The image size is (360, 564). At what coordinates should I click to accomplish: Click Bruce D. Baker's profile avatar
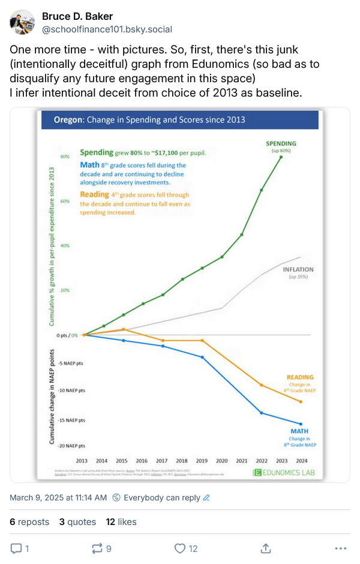tap(22, 22)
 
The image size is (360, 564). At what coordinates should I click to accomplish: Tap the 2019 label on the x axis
tap(202, 461)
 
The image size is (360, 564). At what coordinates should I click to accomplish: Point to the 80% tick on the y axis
tap(65, 157)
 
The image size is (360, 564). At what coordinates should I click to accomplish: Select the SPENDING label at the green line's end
tap(281, 143)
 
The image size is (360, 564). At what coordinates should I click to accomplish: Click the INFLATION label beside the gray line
tap(298, 269)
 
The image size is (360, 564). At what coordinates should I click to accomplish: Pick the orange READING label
tap(300, 377)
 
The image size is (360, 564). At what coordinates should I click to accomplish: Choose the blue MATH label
tap(300, 431)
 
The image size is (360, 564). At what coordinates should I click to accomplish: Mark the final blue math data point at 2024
tap(300, 424)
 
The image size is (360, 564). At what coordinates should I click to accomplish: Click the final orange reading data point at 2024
tap(300, 401)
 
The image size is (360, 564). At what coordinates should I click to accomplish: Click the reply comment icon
tap(17, 548)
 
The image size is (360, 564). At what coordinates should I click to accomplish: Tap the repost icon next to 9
tap(96, 548)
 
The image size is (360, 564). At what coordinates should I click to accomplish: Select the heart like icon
tap(179, 548)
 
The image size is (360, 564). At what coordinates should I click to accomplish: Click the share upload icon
tap(265, 548)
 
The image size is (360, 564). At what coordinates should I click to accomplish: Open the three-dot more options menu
tap(340, 548)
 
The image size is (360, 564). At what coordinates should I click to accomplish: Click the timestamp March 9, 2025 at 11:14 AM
tap(58, 497)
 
